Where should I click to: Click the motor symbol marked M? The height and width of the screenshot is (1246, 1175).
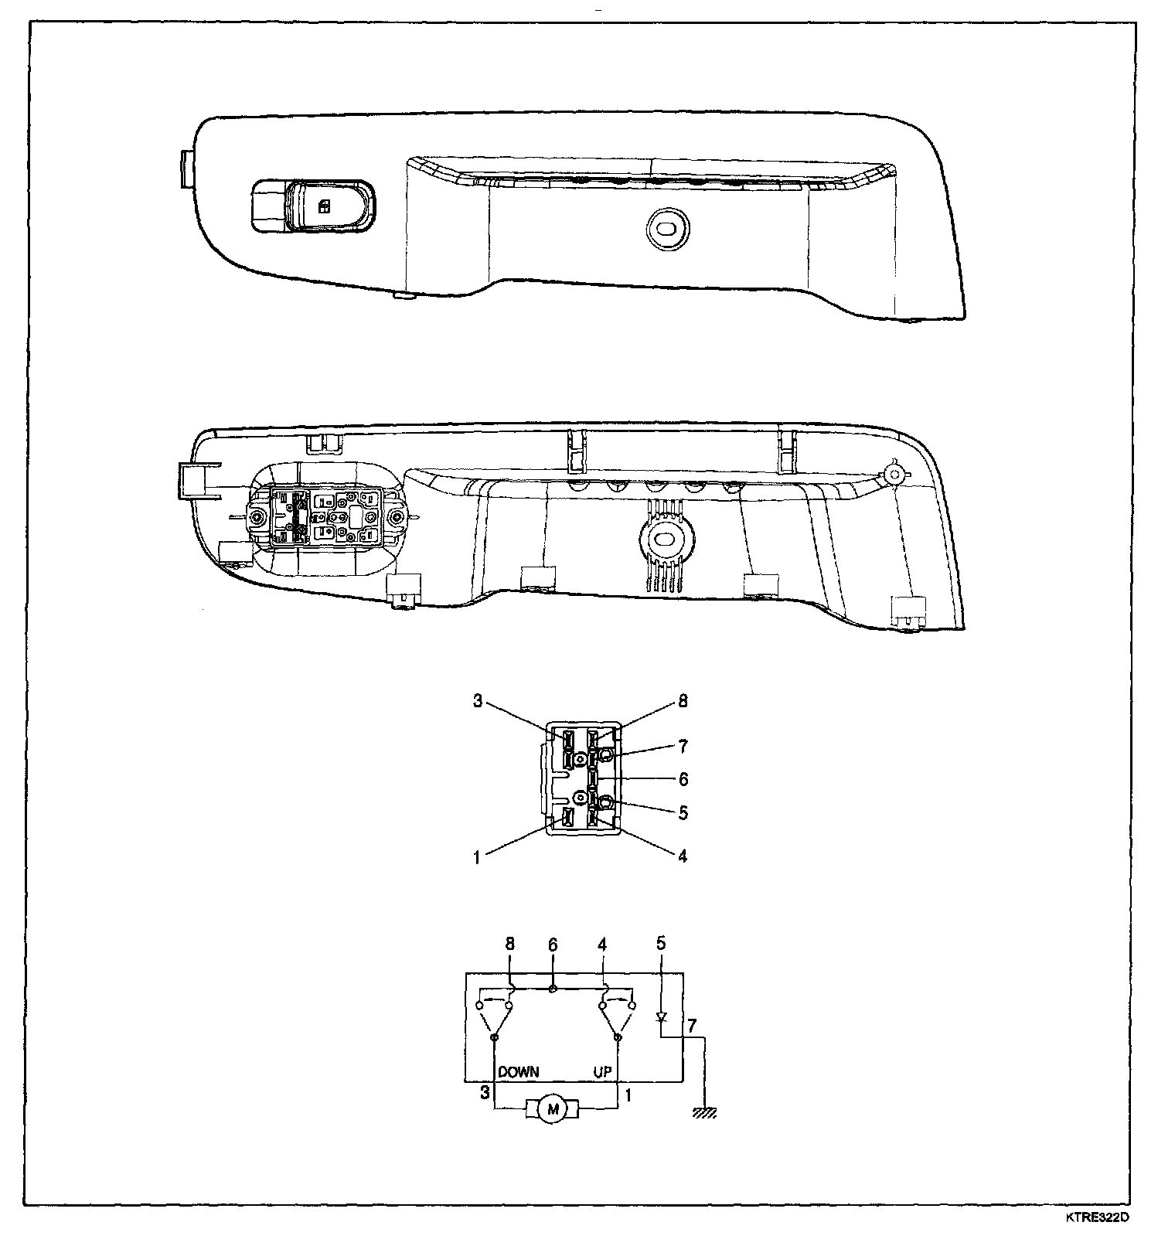[552, 1110]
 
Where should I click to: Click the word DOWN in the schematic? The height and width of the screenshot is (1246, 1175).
[519, 1072]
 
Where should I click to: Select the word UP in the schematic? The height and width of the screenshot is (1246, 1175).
[602, 1072]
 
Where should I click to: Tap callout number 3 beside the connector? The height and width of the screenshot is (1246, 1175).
[478, 702]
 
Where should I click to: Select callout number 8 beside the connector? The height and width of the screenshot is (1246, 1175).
[683, 702]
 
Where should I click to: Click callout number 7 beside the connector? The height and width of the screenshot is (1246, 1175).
[683, 747]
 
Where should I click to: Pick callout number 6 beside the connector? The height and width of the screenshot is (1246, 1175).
[683, 779]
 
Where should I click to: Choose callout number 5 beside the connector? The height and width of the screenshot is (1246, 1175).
[683, 813]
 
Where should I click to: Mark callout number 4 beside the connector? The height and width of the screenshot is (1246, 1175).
[683, 856]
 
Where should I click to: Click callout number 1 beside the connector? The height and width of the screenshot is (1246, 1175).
[478, 857]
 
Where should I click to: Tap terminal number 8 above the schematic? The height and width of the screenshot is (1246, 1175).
[509, 945]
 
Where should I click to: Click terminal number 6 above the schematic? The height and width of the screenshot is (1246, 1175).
[553, 945]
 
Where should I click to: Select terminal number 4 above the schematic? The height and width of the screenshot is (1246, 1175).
[603, 945]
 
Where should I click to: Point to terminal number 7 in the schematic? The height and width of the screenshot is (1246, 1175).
[692, 1026]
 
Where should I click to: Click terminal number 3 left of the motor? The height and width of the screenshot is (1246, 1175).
[485, 1093]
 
